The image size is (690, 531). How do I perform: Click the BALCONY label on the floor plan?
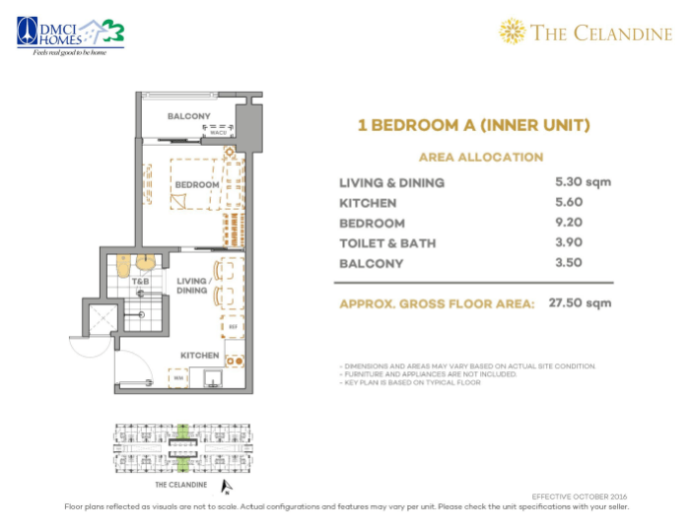[x=188, y=116]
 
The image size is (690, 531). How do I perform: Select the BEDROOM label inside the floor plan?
[x=197, y=184]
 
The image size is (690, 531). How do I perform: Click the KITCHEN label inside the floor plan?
[x=198, y=354]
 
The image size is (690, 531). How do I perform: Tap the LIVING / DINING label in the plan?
[x=192, y=285]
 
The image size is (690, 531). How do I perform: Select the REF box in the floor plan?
[x=234, y=327]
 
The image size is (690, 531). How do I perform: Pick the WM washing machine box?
[x=178, y=377]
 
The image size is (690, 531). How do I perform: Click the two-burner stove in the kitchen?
[x=236, y=361]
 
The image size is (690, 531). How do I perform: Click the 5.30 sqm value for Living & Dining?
[x=584, y=182]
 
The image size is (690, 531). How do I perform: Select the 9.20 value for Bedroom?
[x=570, y=223]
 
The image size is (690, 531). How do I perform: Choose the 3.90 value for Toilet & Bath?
[x=570, y=242]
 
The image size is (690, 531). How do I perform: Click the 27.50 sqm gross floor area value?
[x=581, y=303]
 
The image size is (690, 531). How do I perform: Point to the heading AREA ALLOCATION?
[x=480, y=157]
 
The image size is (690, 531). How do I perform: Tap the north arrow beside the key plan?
[x=227, y=486]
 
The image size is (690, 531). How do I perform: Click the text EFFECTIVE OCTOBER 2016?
[x=579, y=497]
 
